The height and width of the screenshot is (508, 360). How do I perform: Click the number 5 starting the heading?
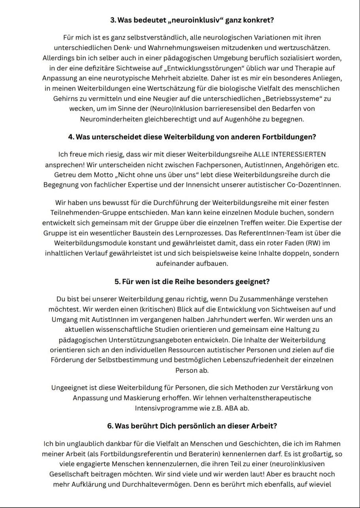coord(117,281)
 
